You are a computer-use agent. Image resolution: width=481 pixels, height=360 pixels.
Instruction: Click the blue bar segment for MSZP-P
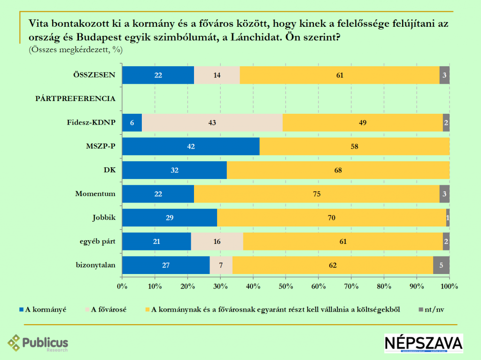click(x=191, y=147)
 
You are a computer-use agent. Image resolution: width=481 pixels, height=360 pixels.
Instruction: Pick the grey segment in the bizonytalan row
click(x=441, y=265)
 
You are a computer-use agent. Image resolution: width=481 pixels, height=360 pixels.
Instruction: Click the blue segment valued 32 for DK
click(x=174, y=170)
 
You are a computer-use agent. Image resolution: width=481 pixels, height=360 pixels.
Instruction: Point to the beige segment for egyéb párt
click(x=217, y=242)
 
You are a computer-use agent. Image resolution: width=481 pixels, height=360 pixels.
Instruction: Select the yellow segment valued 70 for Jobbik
click(x=331, y=218)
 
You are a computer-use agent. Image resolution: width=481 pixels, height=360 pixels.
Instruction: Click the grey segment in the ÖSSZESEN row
click(x=444, y=75)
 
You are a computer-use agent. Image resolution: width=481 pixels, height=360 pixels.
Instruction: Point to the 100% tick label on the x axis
click(x=449, y=286)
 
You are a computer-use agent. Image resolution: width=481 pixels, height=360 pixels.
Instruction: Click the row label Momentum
click(x=95, y=194)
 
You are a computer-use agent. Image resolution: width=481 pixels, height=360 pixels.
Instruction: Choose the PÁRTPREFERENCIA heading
click(x=76, y=99)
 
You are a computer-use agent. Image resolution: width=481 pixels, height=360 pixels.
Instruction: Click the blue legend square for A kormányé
click(x=22, y=309)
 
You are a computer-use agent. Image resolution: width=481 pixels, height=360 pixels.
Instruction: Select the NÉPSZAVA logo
click(x=423, y=343)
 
